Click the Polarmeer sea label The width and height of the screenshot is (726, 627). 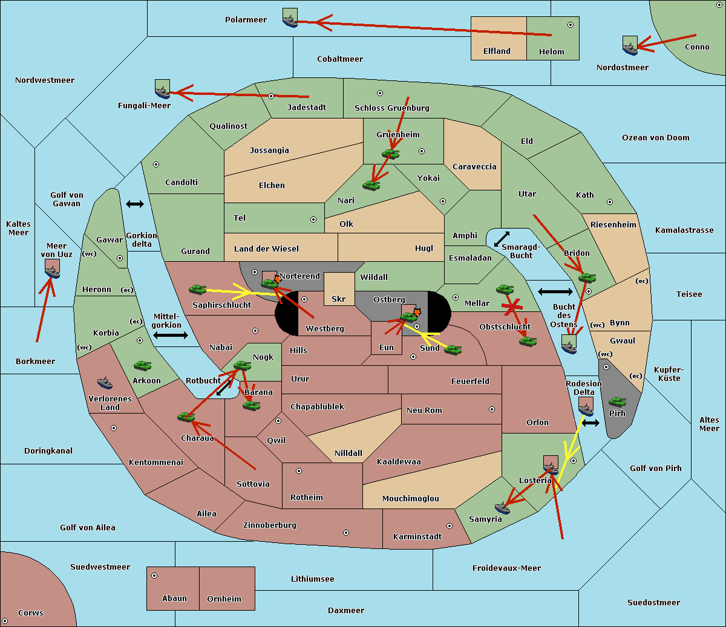tap(246, 20)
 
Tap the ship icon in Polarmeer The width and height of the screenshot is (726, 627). tap(290, 19)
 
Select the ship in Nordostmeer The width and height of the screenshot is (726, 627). tap(630, 46)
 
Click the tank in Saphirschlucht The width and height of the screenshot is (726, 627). tap(198, 290)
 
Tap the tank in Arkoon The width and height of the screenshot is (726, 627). tap(142, 365)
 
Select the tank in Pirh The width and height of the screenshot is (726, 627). tap(617, 401)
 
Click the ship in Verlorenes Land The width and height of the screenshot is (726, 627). tap(105, 382)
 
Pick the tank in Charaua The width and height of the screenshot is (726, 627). tap(185, 416)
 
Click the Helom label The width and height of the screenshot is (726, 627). tap(551, 52)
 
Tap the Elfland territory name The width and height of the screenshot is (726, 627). tap(497, 51)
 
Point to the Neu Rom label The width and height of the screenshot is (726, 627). tap(424, 411)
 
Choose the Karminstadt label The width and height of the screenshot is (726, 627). tap(417, 537)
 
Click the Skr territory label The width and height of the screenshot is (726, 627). tap(339, 299)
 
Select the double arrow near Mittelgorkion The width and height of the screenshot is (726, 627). tap(171, 336)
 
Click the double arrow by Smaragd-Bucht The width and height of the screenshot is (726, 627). tap(502, 239)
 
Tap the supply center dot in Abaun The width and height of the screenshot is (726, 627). tap(154, 576)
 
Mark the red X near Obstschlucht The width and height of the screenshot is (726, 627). tap(512, 307)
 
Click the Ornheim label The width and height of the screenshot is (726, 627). tap(224, 599)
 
